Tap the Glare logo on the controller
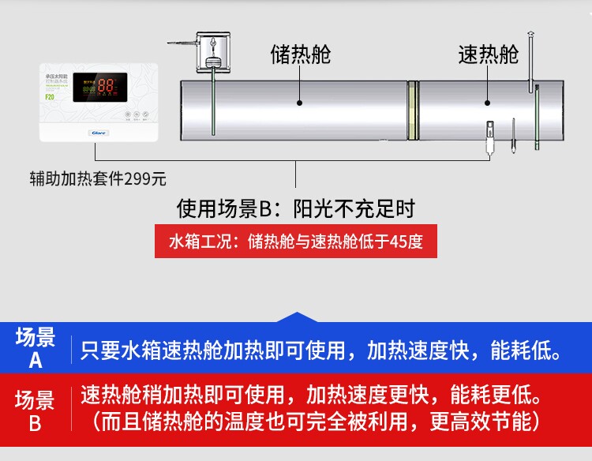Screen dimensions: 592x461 [99, 133]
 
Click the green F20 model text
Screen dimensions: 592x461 [49, 97]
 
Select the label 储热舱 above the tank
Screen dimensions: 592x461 [300, 54]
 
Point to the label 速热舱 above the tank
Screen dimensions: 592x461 [489, 54]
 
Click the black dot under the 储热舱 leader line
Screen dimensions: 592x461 [300, 102]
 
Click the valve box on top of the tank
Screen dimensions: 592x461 [213, 50]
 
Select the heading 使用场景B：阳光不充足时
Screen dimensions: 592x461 [295, 209]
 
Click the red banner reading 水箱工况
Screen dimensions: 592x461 [295, 242]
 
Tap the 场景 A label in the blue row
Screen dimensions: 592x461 [36, 349]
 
